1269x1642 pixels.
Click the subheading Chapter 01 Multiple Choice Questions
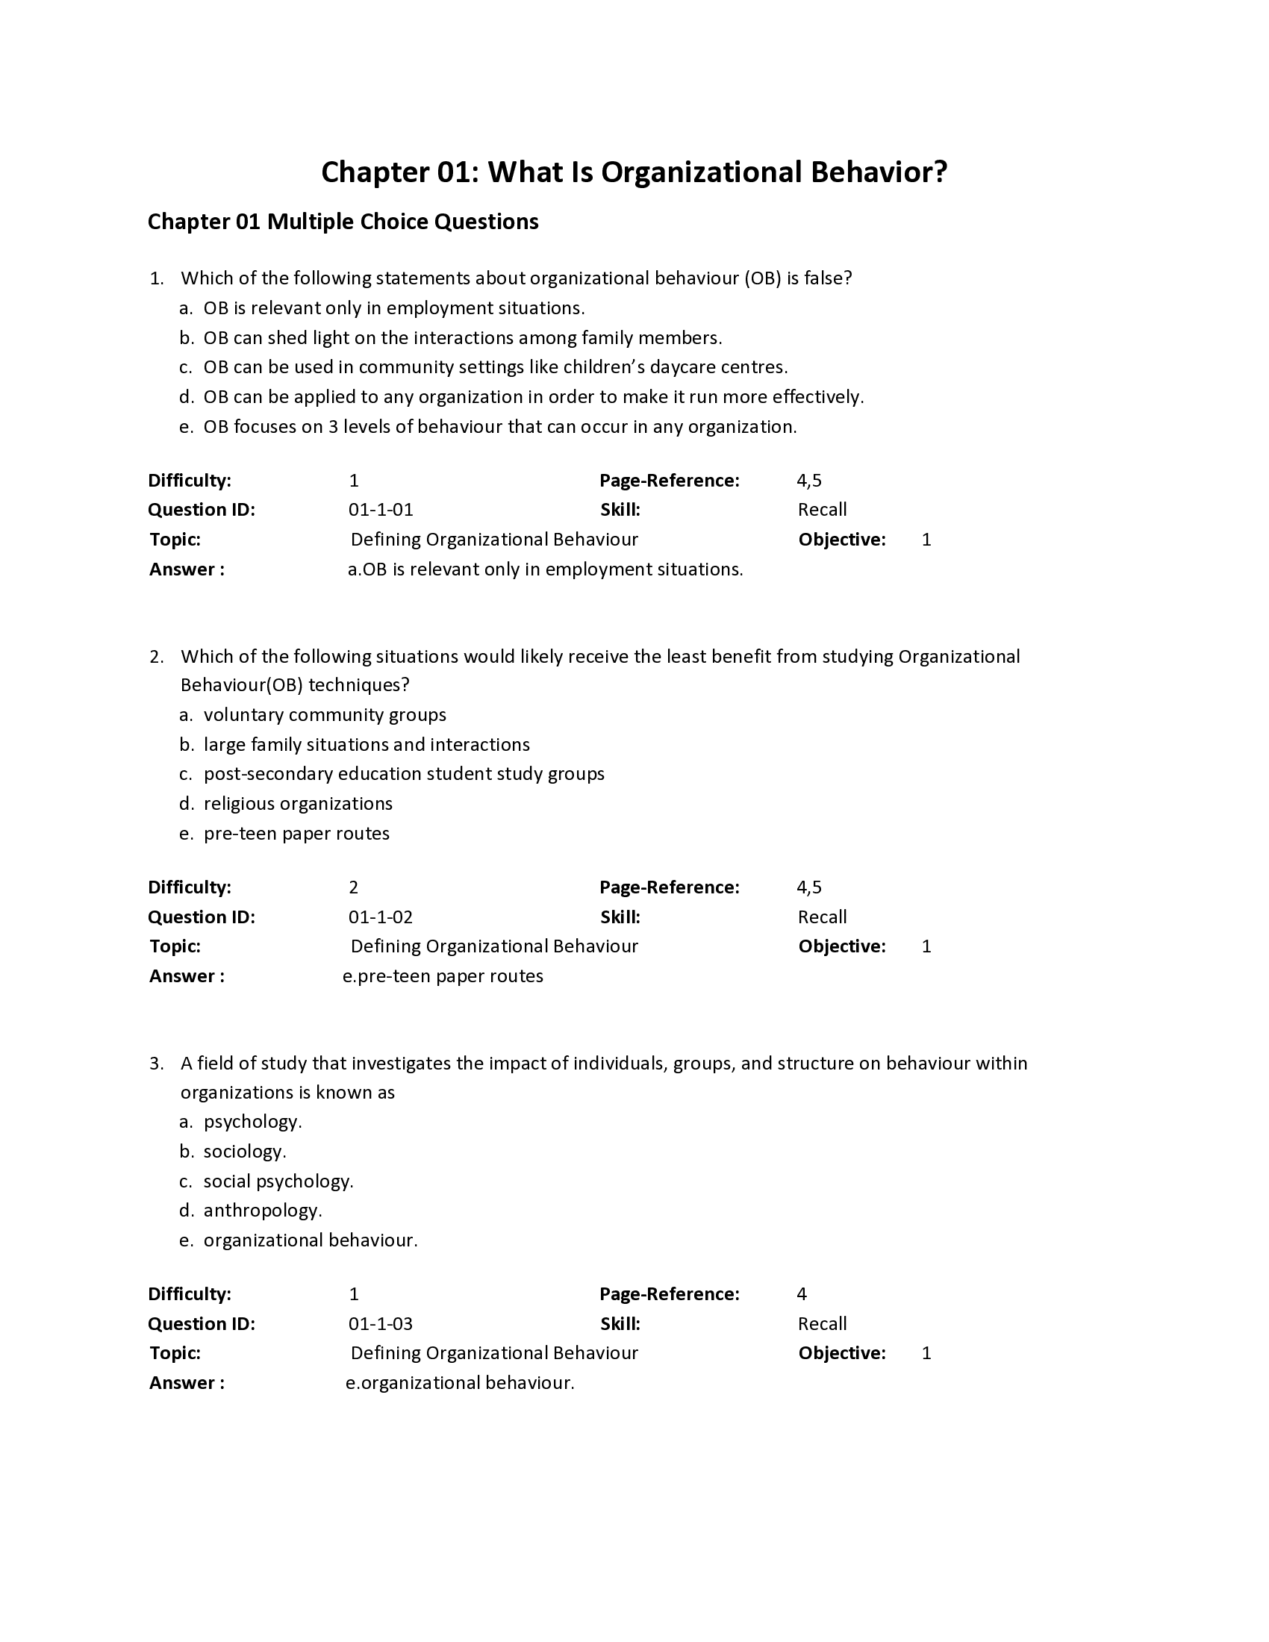tap(343, 222)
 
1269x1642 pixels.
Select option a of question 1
tap(393, 308)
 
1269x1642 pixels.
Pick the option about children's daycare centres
tap(495, 368)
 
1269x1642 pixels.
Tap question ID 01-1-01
tap(381, 510)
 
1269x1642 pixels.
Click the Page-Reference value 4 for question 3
tap(802, 1294)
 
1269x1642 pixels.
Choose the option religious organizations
tap(298, 804)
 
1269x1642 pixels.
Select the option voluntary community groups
tap(325, 715)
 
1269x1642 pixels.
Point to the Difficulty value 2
tap(353, 887)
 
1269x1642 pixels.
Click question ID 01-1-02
tap(381, 917)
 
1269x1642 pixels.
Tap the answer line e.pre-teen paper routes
tap(443, 976)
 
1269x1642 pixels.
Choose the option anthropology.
tap(262, 1211)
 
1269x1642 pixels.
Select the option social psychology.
tap(278, 1181)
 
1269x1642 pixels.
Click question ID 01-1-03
tap(381, 1324)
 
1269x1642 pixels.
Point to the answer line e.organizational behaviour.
tap(460, 1382)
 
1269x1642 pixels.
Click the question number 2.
tap(155, 657)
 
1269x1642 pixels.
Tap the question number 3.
tap(155, 1064)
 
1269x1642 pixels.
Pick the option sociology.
tap(244, 1152)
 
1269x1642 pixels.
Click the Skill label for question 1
tap(620, 510)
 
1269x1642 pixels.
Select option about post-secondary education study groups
tap(404, 775)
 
